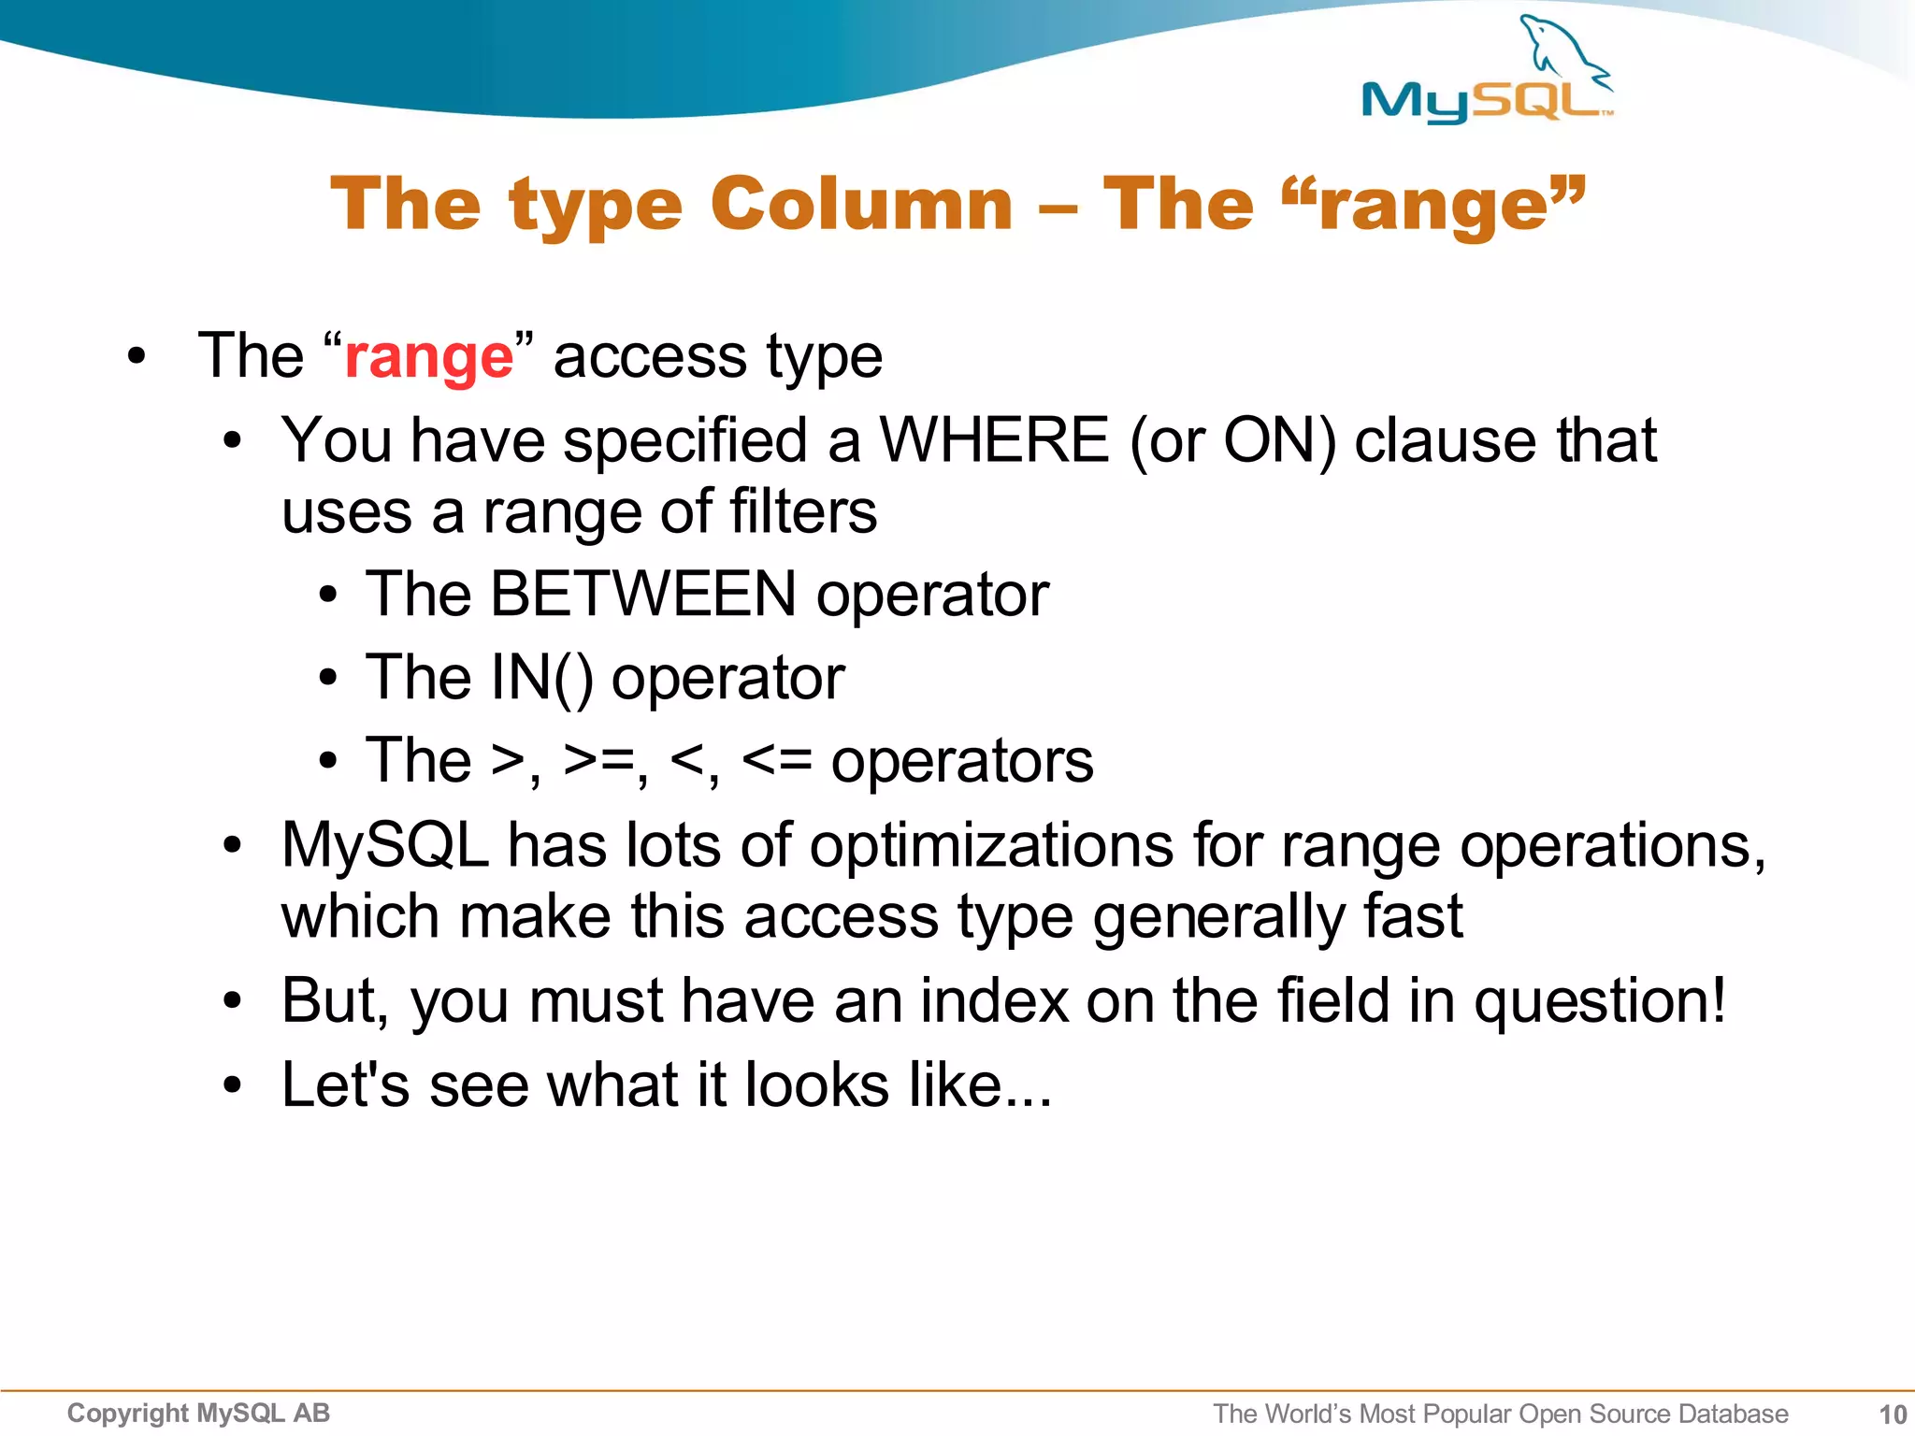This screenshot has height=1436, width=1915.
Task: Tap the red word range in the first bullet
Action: (428, 357)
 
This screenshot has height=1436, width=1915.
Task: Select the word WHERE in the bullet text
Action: (994, 439)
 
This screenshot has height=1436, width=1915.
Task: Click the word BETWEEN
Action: (643, 595)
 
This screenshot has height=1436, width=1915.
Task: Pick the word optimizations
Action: (991, 845)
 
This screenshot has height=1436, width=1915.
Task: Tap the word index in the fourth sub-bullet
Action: (994, 1000)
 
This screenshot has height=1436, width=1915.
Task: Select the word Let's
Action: (345, 1084)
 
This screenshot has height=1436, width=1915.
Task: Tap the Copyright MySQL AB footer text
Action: (198, 1414)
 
